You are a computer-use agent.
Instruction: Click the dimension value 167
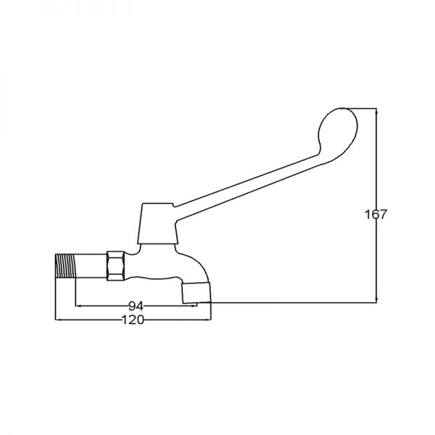pos(376,215)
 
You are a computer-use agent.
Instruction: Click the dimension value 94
pos(136,306)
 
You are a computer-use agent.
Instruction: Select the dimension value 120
pos(133,320)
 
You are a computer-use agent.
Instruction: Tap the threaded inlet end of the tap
pos(65,266)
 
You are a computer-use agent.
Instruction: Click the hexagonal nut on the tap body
pos(116,266)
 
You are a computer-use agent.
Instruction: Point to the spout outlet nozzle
pos(196,293)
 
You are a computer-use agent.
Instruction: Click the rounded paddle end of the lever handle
pos(338,133)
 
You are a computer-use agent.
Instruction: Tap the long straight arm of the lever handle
pos(247,186)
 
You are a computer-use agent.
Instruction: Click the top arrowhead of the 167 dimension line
pos(376,110)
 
